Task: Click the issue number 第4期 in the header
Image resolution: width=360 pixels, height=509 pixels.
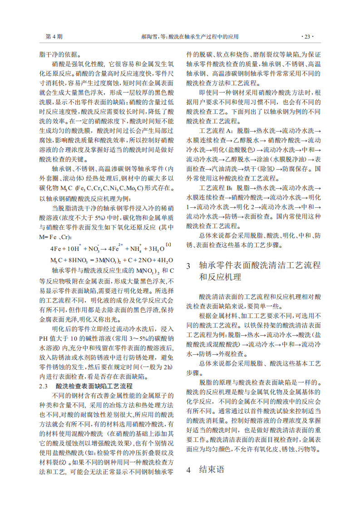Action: point(54,36)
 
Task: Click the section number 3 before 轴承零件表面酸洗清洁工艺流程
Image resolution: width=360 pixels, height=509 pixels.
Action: point(189,265)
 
